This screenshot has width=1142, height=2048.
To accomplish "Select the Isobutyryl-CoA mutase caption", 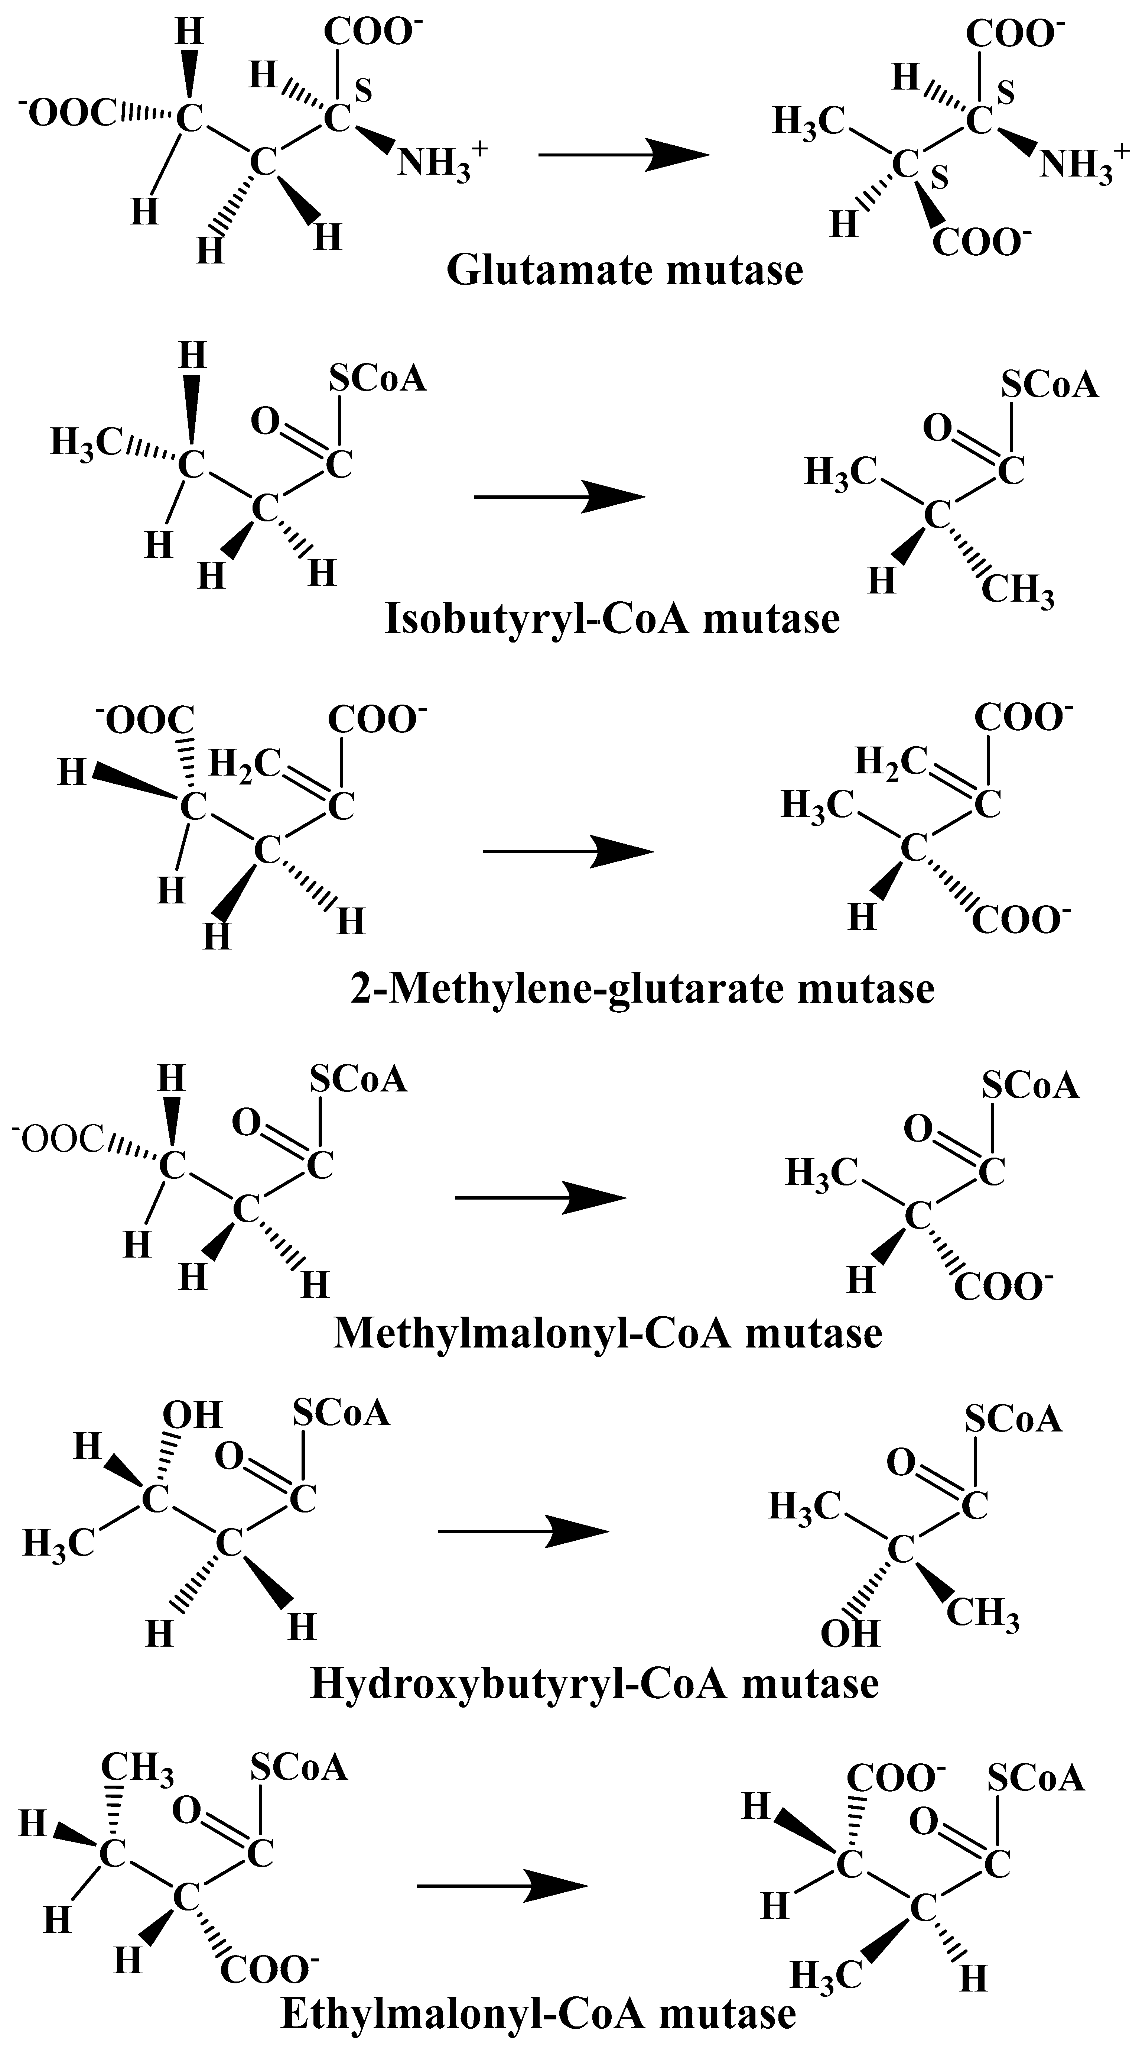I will point(612,618).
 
